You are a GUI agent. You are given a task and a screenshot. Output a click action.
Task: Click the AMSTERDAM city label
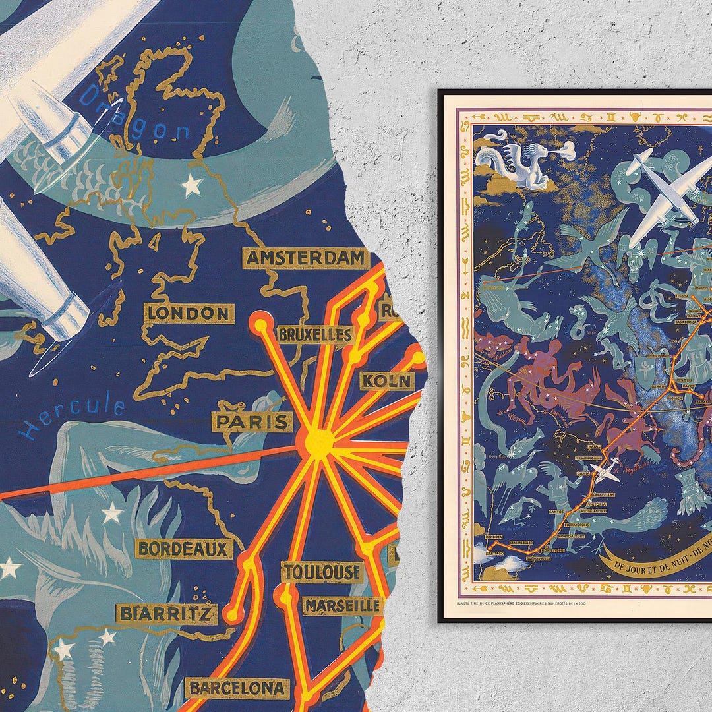pyautogui.click(x=306, y=258)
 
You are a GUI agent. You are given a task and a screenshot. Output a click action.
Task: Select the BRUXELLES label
pyautogui.click(x=315, y=335)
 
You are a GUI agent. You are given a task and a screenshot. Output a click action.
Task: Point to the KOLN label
pyautogui.click(x=387, y=381)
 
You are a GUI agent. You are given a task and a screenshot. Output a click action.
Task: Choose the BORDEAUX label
pyautogui.click(x=184, y=549)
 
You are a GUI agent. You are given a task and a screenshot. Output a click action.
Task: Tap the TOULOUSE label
pyautogui.click(x=322, y=572)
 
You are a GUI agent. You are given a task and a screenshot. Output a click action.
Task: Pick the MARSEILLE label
pyautogui.click(x=343, y=605)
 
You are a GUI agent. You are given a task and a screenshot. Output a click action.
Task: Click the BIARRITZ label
pyautogui.click(x=167, y=614)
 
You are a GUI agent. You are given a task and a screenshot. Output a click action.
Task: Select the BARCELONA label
pyautogui.click(x=238, y=689)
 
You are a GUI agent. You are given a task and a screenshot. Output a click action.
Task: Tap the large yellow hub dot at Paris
pyautogui.click(x=319, y=443)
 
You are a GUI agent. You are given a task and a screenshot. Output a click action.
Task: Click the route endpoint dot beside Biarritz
pyautogui.click(x=232, y=615)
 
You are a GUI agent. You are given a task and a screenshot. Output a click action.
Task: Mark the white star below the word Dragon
pyautogui.click(x=191, y=185)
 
